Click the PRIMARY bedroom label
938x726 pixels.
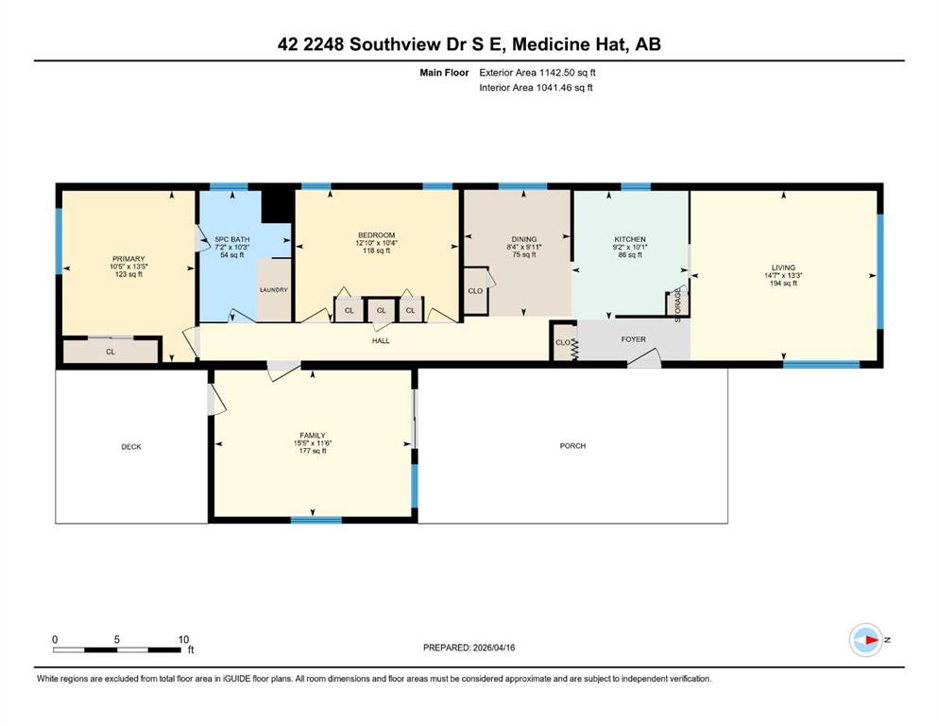(128, 259)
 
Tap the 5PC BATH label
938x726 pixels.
(232, 239)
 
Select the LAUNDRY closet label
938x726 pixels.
(273, 289)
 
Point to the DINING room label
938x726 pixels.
(524, 239)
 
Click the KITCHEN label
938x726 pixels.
(630, 239)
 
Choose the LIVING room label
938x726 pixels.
(783, 268)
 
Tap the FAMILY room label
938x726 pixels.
(313, 435)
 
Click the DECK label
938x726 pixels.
(131, 446)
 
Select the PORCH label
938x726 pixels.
(572, 446)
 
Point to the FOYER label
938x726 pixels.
(633, 338)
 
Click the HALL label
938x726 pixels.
(381, 340)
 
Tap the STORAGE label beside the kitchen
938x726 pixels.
(678, 305)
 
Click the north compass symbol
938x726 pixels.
(866, 640)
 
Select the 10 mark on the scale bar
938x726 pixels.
(183, 639)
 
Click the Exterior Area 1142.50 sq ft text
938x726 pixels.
(537, 73)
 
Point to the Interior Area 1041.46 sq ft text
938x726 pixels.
(536, 87)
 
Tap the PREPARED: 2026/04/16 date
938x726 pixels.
(469, 648)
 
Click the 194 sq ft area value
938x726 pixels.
(783, 283)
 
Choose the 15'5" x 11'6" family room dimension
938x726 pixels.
(313, 443)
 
